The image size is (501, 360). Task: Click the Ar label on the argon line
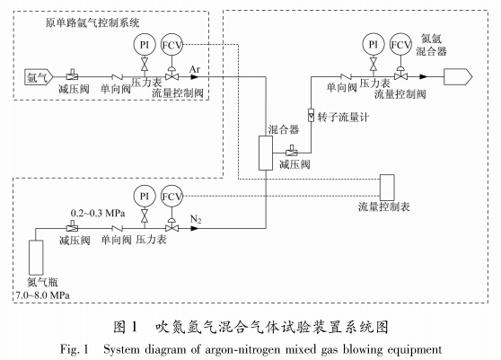[195, 66]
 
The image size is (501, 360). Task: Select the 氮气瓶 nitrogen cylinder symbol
[37, 257]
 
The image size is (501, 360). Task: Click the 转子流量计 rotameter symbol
[311, 116]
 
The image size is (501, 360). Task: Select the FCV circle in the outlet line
[401, 44]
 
